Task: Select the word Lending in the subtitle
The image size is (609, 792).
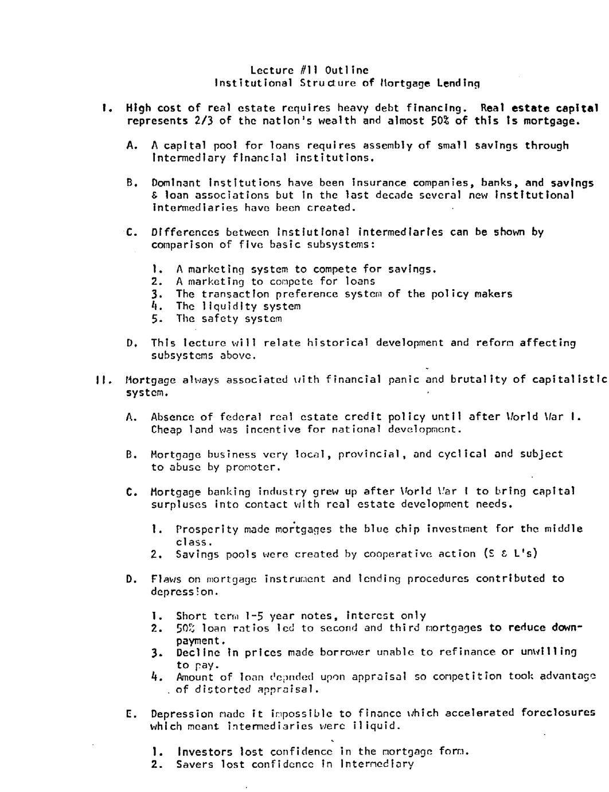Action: [458, 83]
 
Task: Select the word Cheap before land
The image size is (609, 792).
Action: [166, 429]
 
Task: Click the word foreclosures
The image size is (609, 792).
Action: [558, 713]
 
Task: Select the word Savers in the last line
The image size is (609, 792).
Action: [194, 764]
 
